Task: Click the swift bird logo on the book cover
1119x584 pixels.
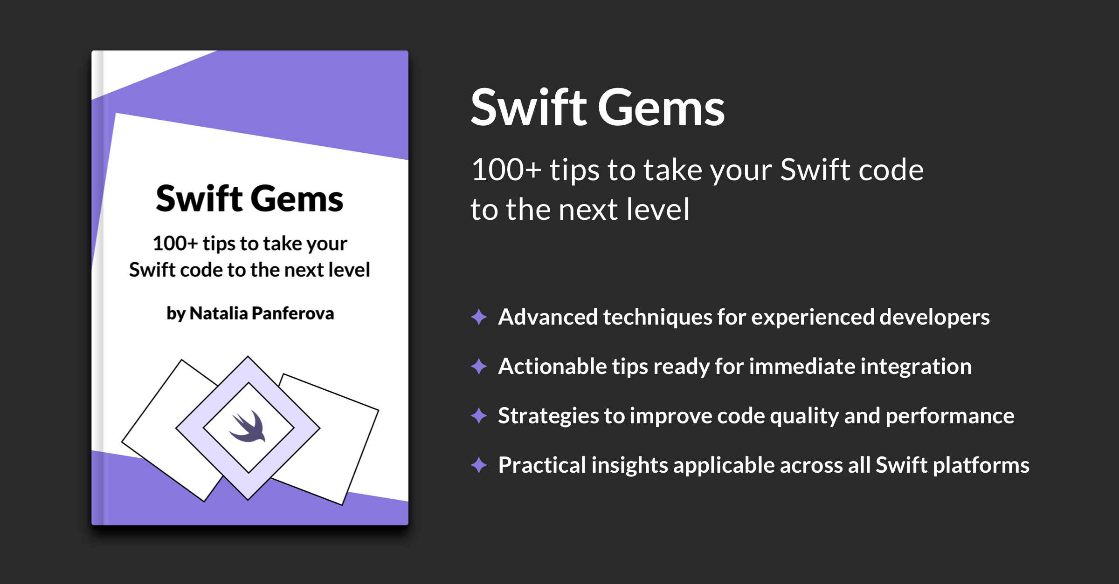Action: pyautogui.click(x=248, y=427)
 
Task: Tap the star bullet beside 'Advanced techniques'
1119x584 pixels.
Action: pyautogui.click(x=479, y=317)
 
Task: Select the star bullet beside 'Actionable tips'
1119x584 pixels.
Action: pyautogui.click(x=479, y=367)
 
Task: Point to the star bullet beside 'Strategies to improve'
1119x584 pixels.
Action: pyautogui.click(x=479, y=415)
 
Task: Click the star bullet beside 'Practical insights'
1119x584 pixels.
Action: pyautogui.click(x=479, y=465)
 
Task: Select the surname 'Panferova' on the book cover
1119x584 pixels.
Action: pyautogui.click(x=293, y=313)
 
